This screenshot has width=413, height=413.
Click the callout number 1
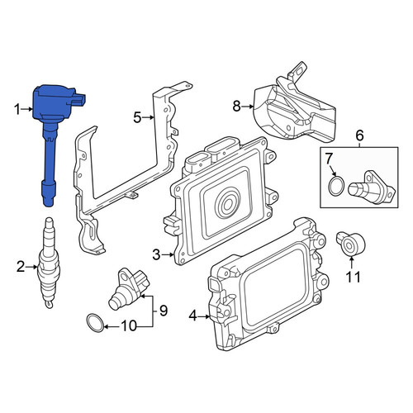pyautogui.click(x=17, y=110)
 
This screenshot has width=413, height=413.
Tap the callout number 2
pyautogui.click(x=21, y=267)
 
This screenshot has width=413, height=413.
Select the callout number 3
pyautogui.click(x=156, y=255)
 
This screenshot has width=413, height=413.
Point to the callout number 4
pyautogui.click(x=193, y=316)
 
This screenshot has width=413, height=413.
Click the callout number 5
pyautogui.click(x=137, y=118)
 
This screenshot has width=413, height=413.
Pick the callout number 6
pyautogui.click(x=359, y=135)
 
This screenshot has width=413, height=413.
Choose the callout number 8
pyautogui.click(x=237, y=106)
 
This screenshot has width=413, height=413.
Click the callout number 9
pyautogui.click(x=164, y=311)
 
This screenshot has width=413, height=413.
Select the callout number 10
pyautogui.click(x=129, y=326)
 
